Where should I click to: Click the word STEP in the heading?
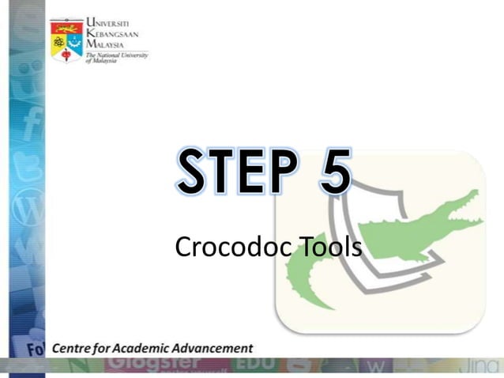236,173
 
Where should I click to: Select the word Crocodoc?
232,248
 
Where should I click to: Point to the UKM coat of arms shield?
66,40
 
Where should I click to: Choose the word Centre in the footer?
76,348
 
